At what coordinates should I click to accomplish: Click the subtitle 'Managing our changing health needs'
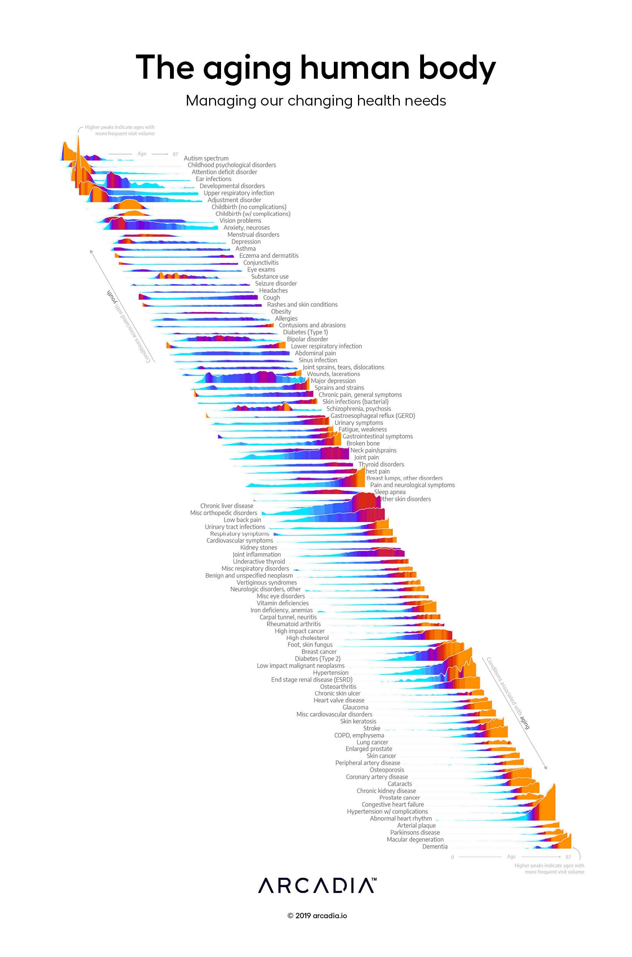click(x=315, y=101)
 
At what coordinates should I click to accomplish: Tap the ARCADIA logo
click(x=317, y=886)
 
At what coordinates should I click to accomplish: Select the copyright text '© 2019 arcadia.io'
click(x=317, y=916)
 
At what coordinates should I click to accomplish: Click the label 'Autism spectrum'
click(x=206, y=159)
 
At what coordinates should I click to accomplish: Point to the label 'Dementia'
click(x=434, y=846)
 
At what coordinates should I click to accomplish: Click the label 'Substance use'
click(x=270, y=276)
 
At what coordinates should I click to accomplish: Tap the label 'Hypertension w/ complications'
click(x=387, y=812)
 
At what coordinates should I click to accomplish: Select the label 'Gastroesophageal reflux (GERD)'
click(x=373, y=416)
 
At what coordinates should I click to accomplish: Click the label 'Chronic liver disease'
click(x=226, y=506)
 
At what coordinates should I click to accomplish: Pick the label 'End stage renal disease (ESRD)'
click(x=312, y=680)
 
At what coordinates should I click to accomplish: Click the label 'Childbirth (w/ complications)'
click(x=253, y=214)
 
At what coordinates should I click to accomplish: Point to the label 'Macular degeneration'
click(x=415, y=840)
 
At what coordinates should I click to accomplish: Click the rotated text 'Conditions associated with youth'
click(x=128, y=326)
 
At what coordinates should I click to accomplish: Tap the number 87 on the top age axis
click(x=175, y=154)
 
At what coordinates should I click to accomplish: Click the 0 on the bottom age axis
click(x=452, y=857)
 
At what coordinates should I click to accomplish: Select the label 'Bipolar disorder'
click(x=307, y=339)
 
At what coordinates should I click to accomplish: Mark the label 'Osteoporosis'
click(x=386, y=770)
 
